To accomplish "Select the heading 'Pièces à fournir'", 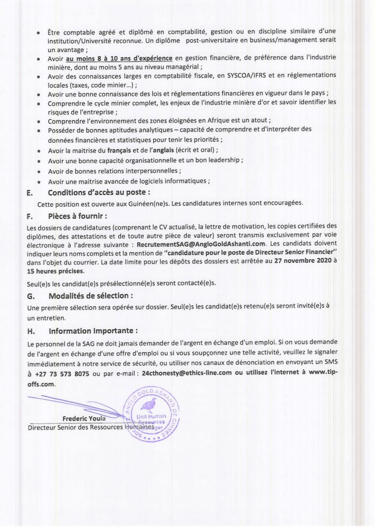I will pyautogui.click(x=78, y=215).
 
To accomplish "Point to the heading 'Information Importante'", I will pyautogui.click(x=93, y=331).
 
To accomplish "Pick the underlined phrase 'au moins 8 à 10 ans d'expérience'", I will pyautogui.click(x=120, y=58).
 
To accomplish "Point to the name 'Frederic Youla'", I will pyautogui.click(x=84, y=418).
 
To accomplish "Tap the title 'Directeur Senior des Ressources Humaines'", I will pyautogui.click(x=90, y=427).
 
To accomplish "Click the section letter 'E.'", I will pyautogui.click(x=30, y=192).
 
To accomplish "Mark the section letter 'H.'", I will pyautogui.click(x=30, y=331).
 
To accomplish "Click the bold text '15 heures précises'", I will pyautogui.click(x=55, y=271).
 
